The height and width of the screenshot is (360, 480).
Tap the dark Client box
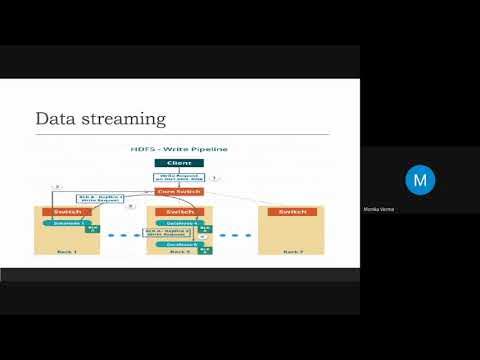point(179,162)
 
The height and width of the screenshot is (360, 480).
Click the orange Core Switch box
point(179,190)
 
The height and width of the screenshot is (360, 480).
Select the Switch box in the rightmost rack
point(292,212)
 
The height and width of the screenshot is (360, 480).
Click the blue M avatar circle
point(420,180)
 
